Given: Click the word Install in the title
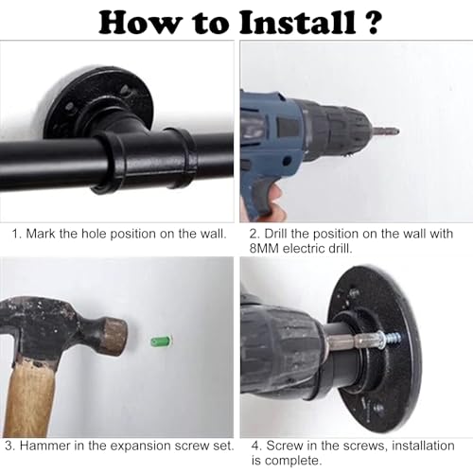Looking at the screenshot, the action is click(x=297, y=22).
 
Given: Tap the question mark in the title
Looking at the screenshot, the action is click(x=372, y=22).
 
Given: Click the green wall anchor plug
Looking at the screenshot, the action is click(x=162, y=342).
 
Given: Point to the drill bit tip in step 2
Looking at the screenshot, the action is click(x=396, y=131).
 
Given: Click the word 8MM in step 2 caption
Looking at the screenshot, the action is click(x=264, y=249).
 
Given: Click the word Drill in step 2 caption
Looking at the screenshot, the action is click(x=275, y=234).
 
